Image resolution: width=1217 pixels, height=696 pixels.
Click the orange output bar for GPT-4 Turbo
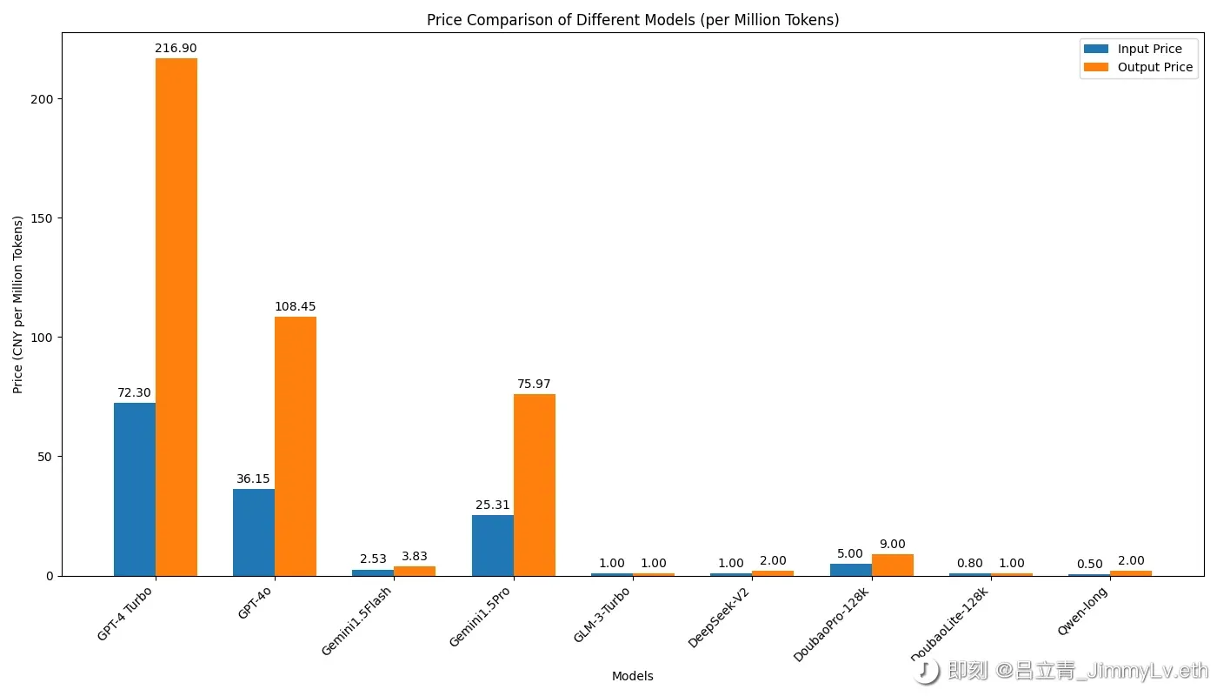(x=176, y=317)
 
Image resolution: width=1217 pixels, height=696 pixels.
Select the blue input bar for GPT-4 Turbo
(x=135, y=489)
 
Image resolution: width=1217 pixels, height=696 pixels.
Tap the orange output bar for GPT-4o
(x=296, y=446)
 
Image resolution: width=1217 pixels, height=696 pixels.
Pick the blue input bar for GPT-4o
(x=254, y=532)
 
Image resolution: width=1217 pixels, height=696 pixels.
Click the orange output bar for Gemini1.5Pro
(x=535, y=485)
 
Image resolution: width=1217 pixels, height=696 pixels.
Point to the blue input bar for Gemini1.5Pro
(x=493, y=545)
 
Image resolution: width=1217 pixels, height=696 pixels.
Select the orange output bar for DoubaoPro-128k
(x=893, y=565)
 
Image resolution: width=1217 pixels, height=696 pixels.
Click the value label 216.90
(x=176, y=49)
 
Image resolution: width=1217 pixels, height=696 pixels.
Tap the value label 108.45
(x=296, y=307)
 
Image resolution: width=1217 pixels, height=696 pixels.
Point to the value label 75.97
(x=535, y=385)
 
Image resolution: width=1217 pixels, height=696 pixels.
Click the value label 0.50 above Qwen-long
(x=1090, y=565)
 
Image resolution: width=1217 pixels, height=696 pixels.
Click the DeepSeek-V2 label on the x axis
(x=721, y=616)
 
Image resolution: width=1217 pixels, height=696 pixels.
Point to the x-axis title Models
(x=633, y=676)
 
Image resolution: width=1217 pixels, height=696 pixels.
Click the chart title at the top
(x=633, y=20)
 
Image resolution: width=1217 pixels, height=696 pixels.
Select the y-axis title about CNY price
(x=18, y=304)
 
